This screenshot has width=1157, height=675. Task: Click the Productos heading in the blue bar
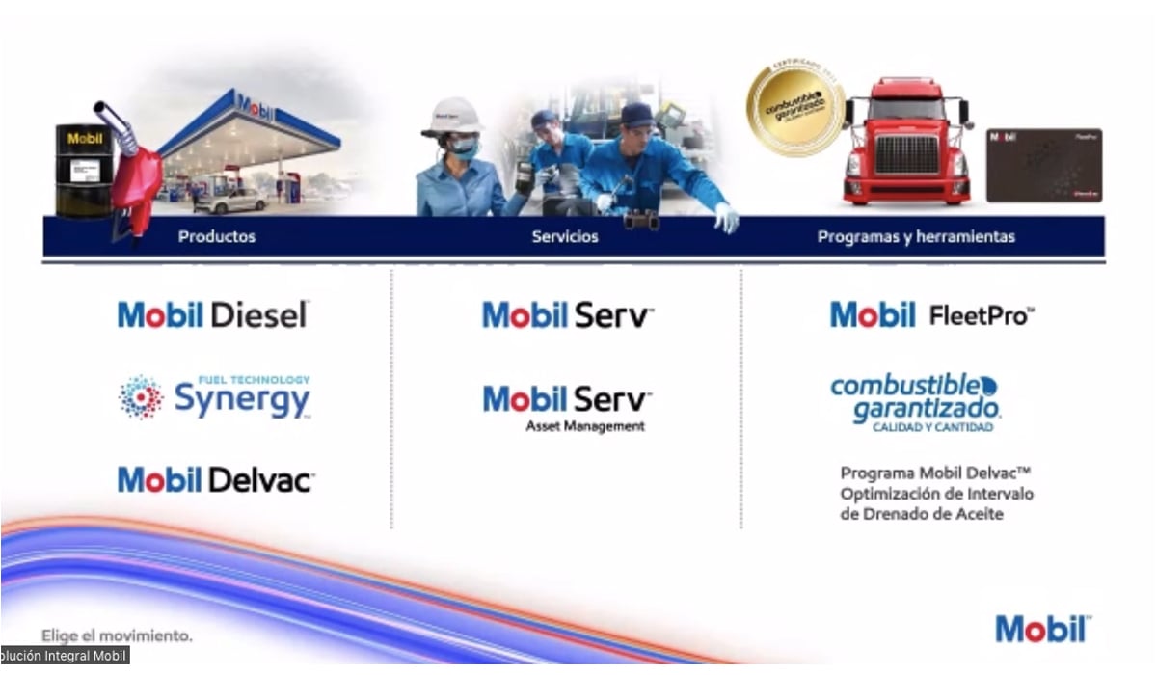point(217,236)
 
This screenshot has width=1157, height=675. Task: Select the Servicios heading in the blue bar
point(565,236)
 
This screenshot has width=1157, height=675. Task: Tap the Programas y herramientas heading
point(916,236)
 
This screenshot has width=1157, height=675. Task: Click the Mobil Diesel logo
point(213,314)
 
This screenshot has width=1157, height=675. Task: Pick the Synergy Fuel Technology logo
point(215,396)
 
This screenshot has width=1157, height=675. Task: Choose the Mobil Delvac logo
point(216,479)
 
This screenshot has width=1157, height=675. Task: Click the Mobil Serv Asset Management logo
point(568,408)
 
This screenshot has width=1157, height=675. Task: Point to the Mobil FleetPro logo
point(932,314)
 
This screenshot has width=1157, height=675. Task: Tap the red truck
point(905,143)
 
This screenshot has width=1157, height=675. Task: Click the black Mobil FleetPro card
point(1043,165)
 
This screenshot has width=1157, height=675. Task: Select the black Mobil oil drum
point(83,170)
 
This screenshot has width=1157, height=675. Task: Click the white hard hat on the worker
point(452,117)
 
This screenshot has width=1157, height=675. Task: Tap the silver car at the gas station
point(231,200)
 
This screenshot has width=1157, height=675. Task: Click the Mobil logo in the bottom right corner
point(1043,629)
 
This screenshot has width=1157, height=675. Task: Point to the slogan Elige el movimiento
point(117,635)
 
